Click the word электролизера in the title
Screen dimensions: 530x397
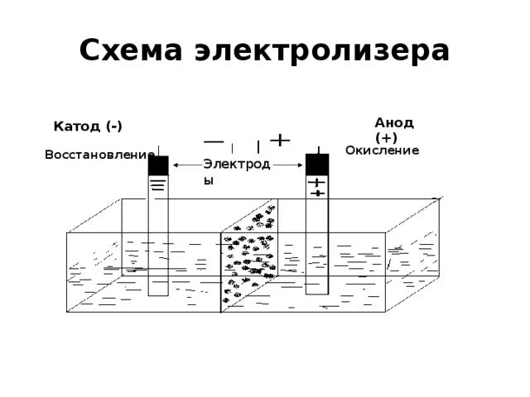coord(322,51)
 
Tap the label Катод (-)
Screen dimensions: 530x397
coord(88,127)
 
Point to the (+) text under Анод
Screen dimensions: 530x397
coord(386,137)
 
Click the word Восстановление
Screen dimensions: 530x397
coord(99,155)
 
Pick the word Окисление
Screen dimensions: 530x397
coord(383,150)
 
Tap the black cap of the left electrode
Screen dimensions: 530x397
coord(158,165)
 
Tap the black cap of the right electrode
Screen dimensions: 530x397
coord(317,164)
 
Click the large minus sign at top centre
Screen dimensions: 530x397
coord(214,140)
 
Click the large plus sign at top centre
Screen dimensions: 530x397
coord(282,140)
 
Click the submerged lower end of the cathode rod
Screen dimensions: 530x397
coord(158,289)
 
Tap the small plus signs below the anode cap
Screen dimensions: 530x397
coord(316,187)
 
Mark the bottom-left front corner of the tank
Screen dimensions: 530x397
coord(66,312)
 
